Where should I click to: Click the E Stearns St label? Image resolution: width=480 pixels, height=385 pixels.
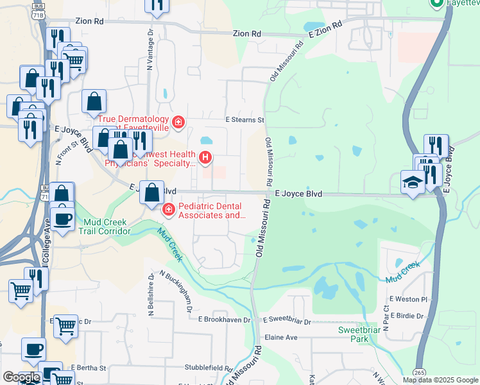(x=244, y=120)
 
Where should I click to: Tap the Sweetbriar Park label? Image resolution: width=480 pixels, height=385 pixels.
(x=355, y=334)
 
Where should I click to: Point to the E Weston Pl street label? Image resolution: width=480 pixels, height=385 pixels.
(x=407, y=300)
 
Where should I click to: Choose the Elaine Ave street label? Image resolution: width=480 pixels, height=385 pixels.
(x=282, y=337)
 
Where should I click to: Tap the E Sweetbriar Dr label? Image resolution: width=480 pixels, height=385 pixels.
(x=287, y=321)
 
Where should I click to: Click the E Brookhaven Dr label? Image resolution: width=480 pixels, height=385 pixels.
(x=227, y=319)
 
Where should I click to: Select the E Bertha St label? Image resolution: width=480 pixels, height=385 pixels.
(x=88, y=368)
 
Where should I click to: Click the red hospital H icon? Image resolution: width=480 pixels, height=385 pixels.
(x=205, y=157)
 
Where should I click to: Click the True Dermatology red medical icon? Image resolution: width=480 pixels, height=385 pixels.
(x=178, y=121)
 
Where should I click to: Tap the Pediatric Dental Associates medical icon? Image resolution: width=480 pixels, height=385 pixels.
(x=168, y=209)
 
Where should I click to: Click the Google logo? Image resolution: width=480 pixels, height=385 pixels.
(x=21, y=377)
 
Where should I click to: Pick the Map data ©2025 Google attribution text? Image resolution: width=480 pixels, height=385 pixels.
(x=440, y=380)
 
